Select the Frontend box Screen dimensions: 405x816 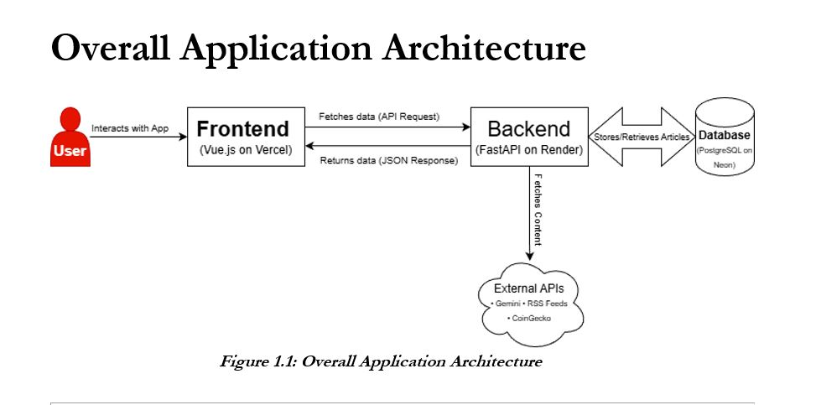click(x=242, y=138)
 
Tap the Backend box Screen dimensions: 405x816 click(x=528, y=138)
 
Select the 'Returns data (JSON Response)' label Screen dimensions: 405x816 click(x=389, y=160)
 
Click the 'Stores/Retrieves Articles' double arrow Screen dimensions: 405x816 click(x=642, y=137)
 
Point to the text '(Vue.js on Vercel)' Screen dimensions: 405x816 click(x=242, y=152)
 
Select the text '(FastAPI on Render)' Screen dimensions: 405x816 click(x=529, y=152)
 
